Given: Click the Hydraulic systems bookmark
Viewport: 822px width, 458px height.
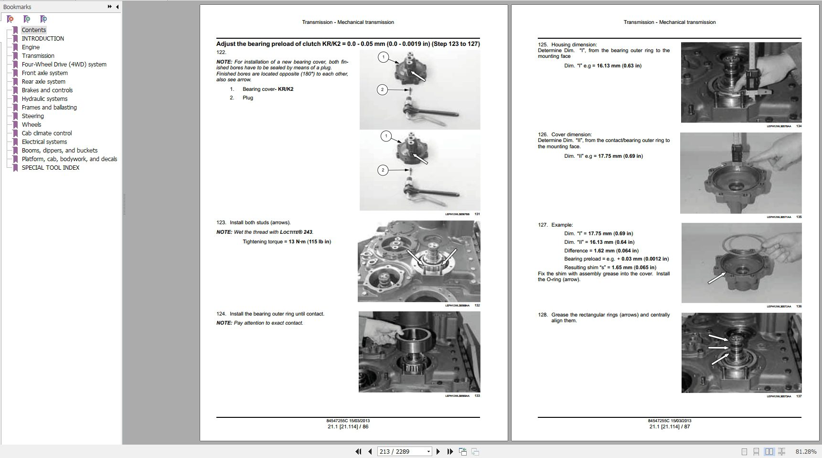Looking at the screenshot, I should [44, 99].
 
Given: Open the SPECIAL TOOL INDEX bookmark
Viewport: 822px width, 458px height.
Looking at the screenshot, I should [51, 168].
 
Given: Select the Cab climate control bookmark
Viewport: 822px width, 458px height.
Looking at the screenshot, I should [47, 133].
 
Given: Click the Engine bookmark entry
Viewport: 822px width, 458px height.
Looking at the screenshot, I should [31, 47].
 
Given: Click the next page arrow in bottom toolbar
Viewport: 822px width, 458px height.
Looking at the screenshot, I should [438, 451].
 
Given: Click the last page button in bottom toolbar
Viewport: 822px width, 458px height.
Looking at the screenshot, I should [450, 451].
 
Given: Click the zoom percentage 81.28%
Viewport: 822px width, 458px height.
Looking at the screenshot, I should [806, 451].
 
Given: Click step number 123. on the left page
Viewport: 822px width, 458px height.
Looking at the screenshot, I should [221, 222].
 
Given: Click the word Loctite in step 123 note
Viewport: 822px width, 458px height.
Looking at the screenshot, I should [291, 232].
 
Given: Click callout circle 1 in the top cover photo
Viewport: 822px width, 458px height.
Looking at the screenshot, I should [383, 58].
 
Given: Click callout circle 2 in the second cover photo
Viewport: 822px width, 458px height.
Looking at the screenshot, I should [383, 170].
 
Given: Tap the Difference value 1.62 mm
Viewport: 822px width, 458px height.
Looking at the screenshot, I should [603, 251].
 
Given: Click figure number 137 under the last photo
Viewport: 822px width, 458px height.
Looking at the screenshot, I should [799, 396].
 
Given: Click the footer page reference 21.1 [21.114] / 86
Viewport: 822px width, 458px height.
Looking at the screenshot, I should [348, 426].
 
